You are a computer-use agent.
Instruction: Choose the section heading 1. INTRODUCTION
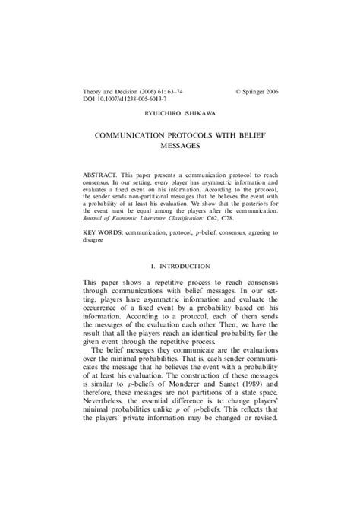point(179,266)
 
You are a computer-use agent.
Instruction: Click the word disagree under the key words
point(96,236)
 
